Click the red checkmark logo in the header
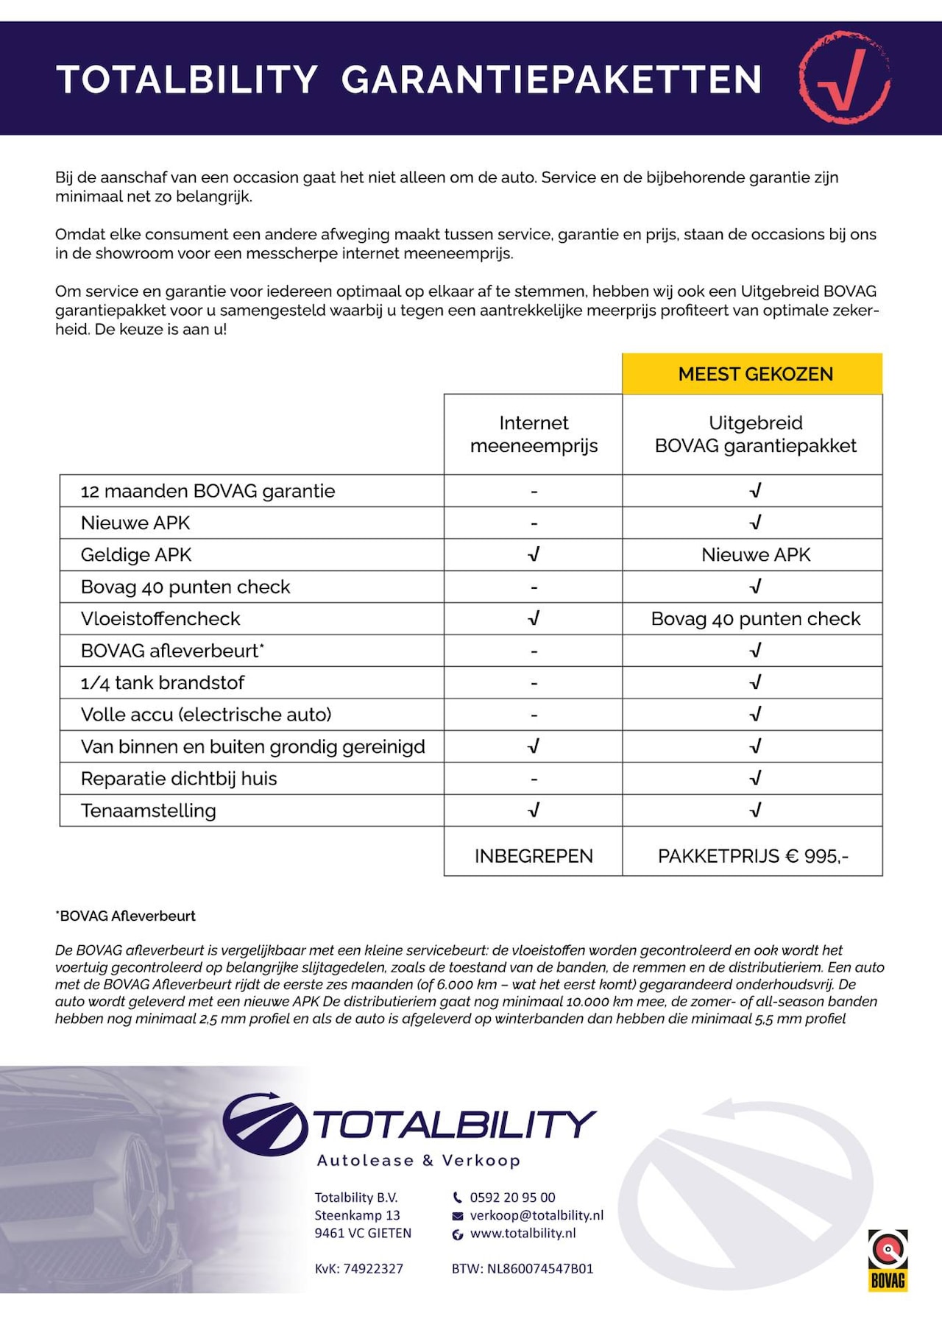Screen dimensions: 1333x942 844,77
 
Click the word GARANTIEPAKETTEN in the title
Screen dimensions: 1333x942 551,80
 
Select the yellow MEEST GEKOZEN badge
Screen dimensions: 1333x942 755,374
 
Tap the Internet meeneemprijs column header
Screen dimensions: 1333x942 534,434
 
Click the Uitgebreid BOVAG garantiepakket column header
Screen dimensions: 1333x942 755,434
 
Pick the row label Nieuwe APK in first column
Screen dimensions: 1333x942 135,523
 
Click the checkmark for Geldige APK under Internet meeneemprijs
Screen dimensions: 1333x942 534,554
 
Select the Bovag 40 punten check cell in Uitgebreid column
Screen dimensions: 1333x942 755,619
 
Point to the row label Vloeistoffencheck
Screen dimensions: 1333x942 160,619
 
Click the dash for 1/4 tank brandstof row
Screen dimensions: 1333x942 534,683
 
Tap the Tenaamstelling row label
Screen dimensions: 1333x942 148,810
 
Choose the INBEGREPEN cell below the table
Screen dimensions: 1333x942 534,856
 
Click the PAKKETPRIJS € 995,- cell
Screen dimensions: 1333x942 753,856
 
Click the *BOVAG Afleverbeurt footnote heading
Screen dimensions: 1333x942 126,916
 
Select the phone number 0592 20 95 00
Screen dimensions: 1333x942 512,1198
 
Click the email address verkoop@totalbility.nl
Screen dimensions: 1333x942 536,1215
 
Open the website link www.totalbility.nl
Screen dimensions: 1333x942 523,1233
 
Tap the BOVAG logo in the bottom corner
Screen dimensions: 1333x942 888,1259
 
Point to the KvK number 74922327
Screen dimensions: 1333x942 359,1268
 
